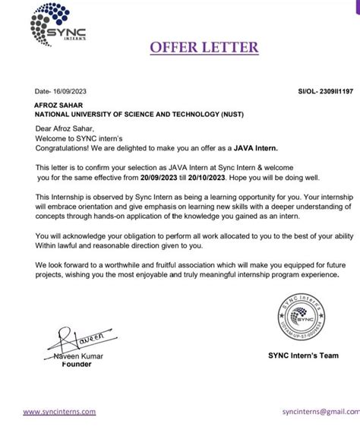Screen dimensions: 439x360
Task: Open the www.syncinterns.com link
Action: pyautogui.click(x=59, y=412)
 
